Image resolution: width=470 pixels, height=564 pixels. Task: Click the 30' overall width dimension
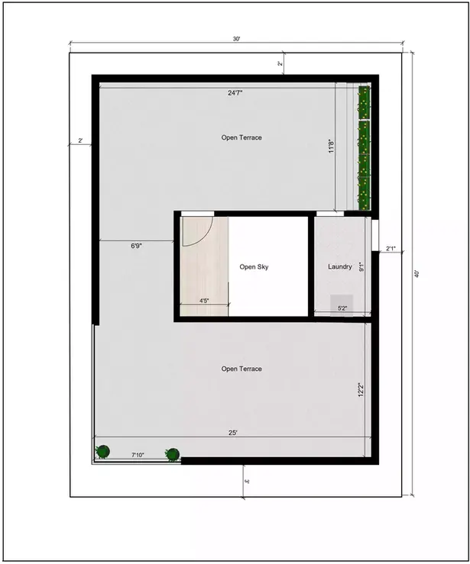coord(238,39)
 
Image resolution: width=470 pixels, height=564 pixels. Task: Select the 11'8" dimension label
coord(330,147)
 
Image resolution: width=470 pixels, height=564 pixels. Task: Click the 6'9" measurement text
coord(137,247)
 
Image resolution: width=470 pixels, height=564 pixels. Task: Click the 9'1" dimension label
coord(361,266)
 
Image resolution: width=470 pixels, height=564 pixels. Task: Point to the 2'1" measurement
coord(391,248)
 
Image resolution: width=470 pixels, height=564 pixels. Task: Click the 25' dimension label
coord(233,433)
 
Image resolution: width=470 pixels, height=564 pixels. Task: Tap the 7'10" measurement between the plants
coord(138,455)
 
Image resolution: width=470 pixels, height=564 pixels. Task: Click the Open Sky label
coord(254,267)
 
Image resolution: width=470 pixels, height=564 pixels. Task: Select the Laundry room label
coord(339,267)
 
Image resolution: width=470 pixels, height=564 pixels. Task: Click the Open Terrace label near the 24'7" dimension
coord(241,137)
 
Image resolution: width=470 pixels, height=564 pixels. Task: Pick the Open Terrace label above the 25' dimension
coord(241,369)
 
